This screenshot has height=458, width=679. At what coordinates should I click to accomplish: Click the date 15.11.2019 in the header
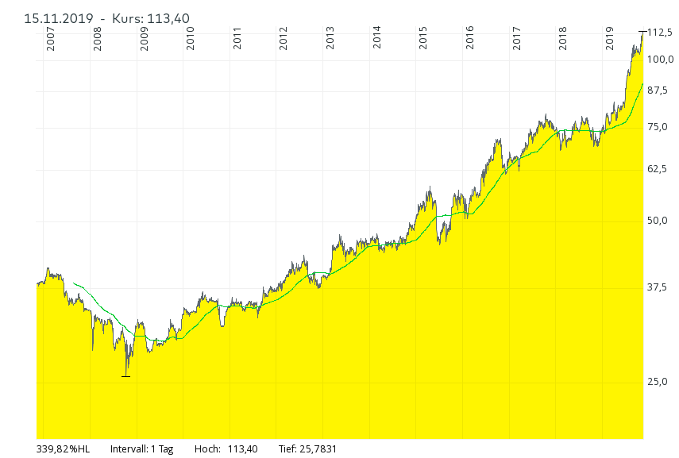tap(59, 18)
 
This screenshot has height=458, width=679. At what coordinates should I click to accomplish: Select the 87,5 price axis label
tap(659, 90)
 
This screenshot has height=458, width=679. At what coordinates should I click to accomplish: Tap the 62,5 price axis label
tap(659, 169)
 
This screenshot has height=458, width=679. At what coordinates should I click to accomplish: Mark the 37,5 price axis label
tap(659, 287)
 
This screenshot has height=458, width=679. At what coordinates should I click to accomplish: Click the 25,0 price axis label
tap(659, 382)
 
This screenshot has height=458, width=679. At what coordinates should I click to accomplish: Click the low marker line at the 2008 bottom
tap(125, 375)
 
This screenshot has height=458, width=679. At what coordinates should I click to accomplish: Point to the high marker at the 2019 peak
tap(642, 31)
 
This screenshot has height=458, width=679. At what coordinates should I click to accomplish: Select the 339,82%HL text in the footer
tap(64, 449)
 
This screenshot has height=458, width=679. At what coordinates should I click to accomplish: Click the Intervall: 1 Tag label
tap(141, 449)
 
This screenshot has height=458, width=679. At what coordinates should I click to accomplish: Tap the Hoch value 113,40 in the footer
tap(242, 449)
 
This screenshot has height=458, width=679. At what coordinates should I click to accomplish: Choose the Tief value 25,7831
tap(318, 449)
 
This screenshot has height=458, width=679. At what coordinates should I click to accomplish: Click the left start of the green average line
tap(73, 283)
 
